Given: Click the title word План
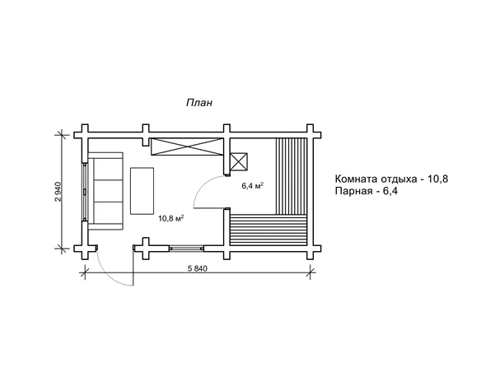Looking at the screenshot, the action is (199, 103).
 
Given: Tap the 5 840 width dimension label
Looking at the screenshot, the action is (197, 269).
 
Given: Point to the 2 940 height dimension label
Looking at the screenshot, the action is (58, 192).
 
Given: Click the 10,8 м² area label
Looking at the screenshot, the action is (171, 218).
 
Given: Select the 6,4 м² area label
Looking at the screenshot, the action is (253, 186).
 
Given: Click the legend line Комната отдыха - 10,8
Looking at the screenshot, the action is (391, 179).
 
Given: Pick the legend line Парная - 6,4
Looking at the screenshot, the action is (367, 191).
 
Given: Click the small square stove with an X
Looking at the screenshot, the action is (239, 161).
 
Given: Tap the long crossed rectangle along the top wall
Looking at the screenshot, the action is (186, 146).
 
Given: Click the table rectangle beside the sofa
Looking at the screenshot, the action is (142, 191).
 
